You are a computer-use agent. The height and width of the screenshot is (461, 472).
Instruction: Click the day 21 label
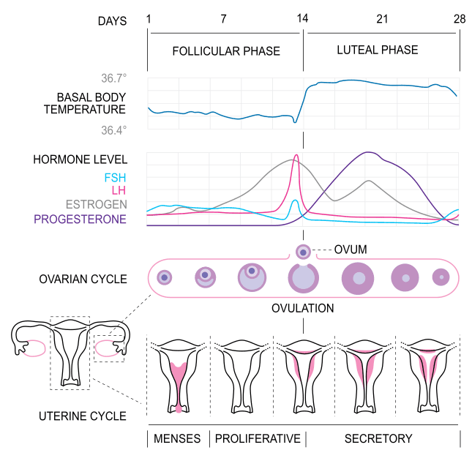click(x=381, y=19)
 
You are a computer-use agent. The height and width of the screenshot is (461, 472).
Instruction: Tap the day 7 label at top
click(x=223, y=19)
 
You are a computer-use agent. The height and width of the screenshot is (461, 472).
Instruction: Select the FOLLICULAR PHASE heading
click(x=226, y=51)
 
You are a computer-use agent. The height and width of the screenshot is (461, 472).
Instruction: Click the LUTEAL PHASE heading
click(x=378, y=50)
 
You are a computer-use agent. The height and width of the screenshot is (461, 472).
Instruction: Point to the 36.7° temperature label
click(x=113, y=78)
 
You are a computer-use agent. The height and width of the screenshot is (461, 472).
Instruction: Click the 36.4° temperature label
click(x=113, y=130)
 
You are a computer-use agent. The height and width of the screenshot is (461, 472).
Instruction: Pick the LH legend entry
click(x=119, y=190)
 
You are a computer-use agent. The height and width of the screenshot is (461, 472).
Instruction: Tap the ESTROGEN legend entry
click(x=96, y=204)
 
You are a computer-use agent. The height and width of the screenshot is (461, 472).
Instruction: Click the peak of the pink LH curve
click(x=296, y=155)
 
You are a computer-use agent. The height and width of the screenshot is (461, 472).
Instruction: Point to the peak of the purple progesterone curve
click(x=370, y=152)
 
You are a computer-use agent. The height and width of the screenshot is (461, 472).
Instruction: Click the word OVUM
click(x=351, y=250)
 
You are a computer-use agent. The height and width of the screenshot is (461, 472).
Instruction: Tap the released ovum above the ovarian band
click(x=303, y=252)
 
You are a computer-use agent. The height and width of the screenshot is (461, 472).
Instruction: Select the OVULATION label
click(x=303, y=308)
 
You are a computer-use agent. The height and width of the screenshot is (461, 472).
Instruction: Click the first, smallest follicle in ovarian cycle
click(x=165, y=278)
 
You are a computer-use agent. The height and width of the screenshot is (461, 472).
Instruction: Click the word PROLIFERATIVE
click(x=258, y=439)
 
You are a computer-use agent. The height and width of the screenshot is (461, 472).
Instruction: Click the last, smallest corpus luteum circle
click(x=441, y=277)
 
